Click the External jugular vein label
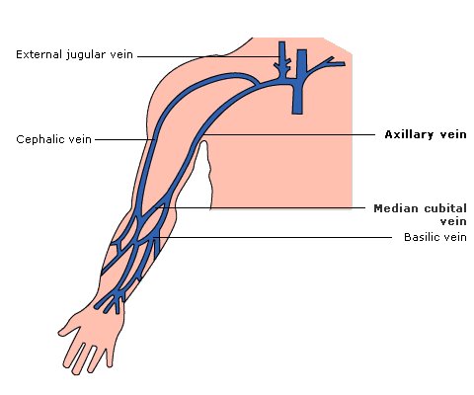click(x=74, y=54)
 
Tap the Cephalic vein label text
click(x=53, y=139)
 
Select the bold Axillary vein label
click(x=426, y=134)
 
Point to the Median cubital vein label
click(x=420, y=214)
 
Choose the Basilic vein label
click(x=435, y=237)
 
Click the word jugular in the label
click(x=86, y=55)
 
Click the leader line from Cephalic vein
click(x=124, y=139)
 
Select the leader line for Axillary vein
click(x=288, y=134)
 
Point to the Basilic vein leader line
click(x=273, y=237)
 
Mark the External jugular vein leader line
click(x=209, y=56)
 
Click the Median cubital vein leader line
click(x=261, y=207)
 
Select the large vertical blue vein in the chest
click(x=298, y=82)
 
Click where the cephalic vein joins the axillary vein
click(x=258, y=84)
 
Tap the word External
click(x=39, y=54)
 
